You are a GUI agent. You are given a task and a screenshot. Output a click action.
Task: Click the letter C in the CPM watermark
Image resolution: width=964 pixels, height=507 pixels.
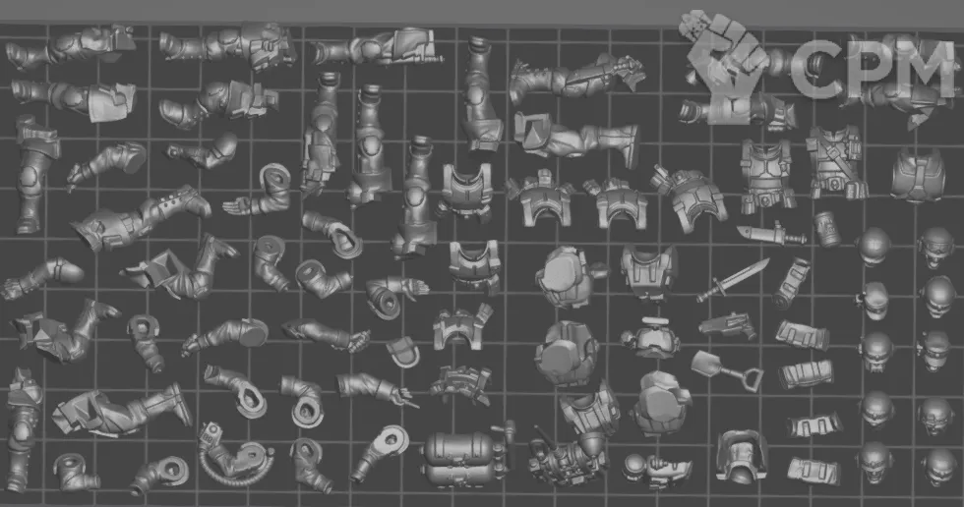point(812,69)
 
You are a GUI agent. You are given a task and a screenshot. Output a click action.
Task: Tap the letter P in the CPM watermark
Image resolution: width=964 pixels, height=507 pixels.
point(868,69)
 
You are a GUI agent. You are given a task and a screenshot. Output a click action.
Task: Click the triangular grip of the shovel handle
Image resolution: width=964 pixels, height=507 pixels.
point(753,380)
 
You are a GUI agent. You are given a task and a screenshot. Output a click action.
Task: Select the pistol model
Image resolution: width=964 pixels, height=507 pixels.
point(728,325)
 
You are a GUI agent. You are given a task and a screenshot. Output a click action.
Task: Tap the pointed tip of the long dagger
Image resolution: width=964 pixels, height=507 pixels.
point(768,260)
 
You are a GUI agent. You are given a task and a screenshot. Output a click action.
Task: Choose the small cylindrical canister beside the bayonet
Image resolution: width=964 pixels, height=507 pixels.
point(827,229)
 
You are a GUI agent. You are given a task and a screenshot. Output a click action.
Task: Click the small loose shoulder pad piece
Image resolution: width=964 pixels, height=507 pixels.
point(402,351)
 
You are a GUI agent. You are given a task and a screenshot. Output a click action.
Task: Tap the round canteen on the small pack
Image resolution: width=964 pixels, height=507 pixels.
point(633,467)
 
